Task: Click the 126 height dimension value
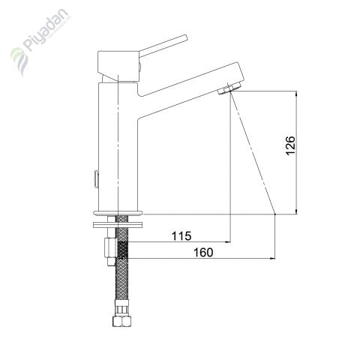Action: coord(290,145)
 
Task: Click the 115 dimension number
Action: coord(181,235)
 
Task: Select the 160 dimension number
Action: coord(203,253)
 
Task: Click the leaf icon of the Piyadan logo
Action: coord(19,61)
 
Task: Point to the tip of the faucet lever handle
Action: coord(185,37)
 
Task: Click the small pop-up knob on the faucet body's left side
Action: coord(95,178)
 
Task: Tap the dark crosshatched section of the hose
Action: coord(123,250)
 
